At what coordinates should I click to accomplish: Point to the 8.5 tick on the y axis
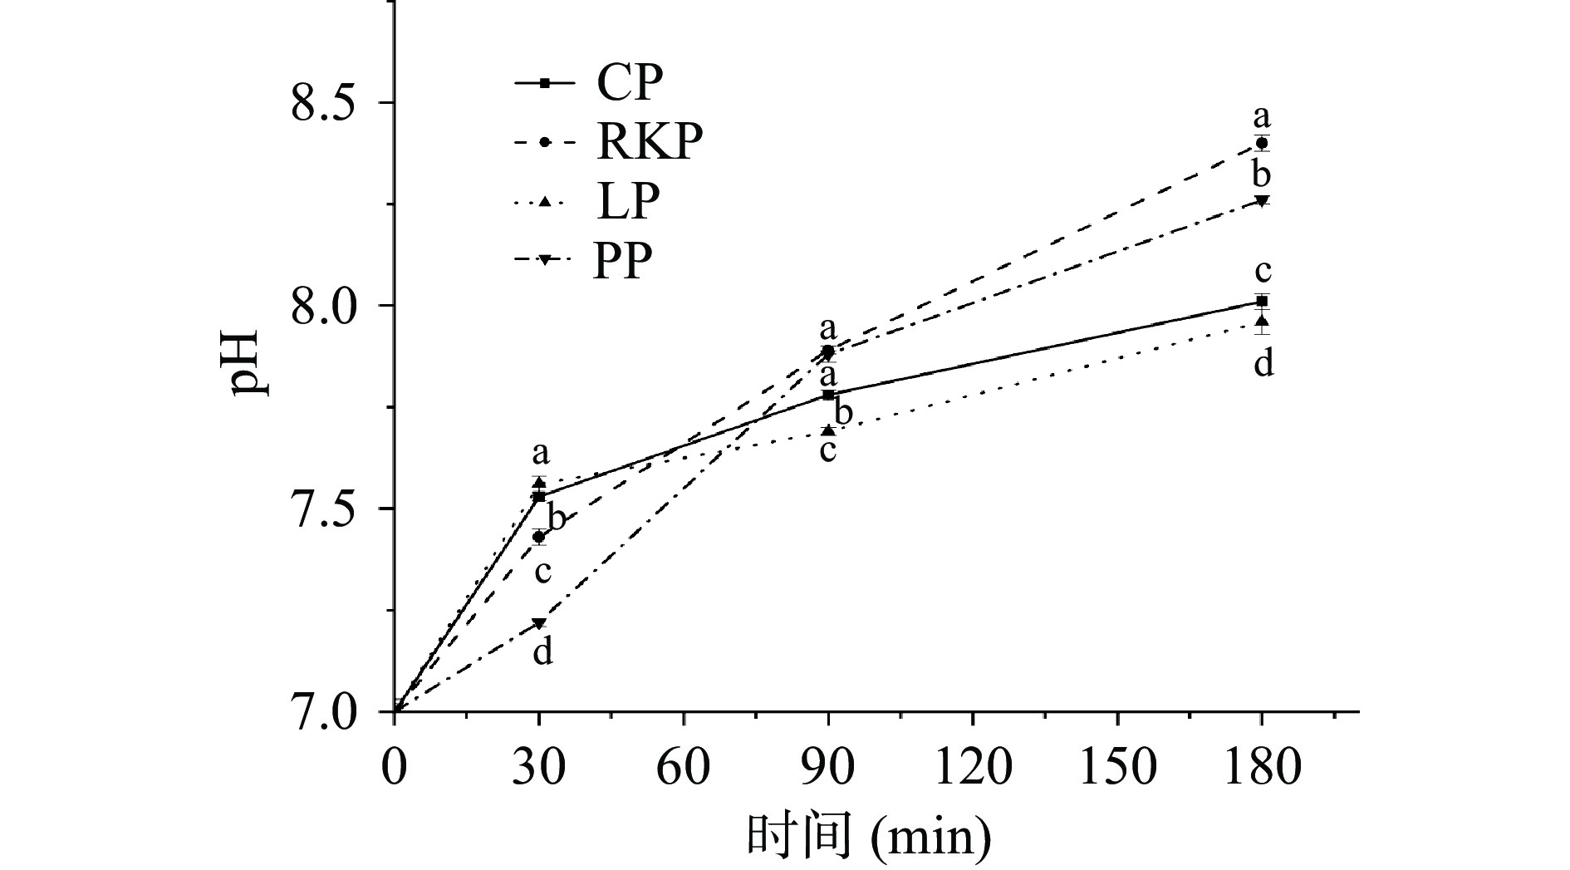coord(329,102)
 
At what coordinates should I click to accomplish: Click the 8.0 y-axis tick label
coord(329,306)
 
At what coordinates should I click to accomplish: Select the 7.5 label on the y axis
coord(329,509)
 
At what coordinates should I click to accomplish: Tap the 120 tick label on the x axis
coord(973,766)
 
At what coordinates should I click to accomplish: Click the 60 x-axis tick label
coord(683,766)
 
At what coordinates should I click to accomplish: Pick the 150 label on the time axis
coord(1116,766)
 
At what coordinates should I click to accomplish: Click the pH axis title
coord(249,363)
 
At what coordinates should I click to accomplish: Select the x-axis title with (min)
coord(869,836)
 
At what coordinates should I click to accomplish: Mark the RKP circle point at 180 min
coord(1262,143)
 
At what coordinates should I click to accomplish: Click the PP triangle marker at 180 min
coord(1262,201)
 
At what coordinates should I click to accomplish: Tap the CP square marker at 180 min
coord(1262,301)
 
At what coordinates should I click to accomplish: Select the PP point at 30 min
coord(539,623)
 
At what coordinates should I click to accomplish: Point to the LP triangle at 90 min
coord(828,430)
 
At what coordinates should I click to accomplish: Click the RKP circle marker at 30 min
coord(539,537)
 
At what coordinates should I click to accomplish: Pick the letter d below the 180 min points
coord(1263,364)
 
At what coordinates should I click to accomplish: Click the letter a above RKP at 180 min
coord(1263,116)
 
